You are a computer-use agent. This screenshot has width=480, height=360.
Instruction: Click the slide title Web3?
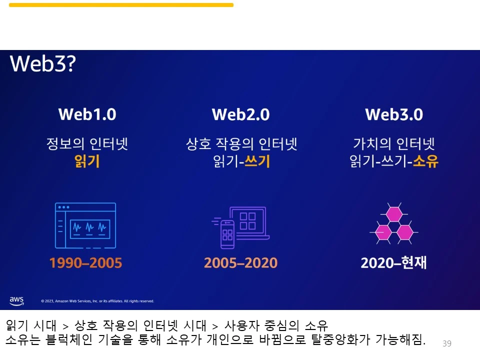pos(42,63)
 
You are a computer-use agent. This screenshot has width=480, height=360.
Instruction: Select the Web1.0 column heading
pos(87,114)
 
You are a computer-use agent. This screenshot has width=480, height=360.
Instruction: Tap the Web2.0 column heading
pos(240,114)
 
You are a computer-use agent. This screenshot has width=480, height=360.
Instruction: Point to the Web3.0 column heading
pos(394,114)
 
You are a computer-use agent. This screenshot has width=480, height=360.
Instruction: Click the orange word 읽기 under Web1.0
pos(87,161)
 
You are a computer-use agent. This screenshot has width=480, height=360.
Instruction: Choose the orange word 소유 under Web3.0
pos(425,161)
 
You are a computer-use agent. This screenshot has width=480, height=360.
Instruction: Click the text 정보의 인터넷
pos(87,144)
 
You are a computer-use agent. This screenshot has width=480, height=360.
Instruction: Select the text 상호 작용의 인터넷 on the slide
pos(241,144)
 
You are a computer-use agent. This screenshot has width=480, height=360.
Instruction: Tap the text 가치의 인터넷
pos(394,144)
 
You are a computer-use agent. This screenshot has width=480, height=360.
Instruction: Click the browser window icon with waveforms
pos(85,225)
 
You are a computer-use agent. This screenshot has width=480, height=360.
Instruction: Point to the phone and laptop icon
pos(241,227)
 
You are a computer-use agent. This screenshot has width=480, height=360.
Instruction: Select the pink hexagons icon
pos(394,224)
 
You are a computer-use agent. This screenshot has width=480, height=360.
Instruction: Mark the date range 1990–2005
pos(85,263)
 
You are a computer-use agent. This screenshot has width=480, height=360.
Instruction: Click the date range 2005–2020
pos(240,263)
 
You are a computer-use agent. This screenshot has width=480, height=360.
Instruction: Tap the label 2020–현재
pos(394,263)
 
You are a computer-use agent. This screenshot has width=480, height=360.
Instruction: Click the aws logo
pos(16,300)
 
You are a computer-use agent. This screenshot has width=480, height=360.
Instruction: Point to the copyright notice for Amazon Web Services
pos(97,301)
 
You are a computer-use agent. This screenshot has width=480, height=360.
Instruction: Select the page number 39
pos(447,343)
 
